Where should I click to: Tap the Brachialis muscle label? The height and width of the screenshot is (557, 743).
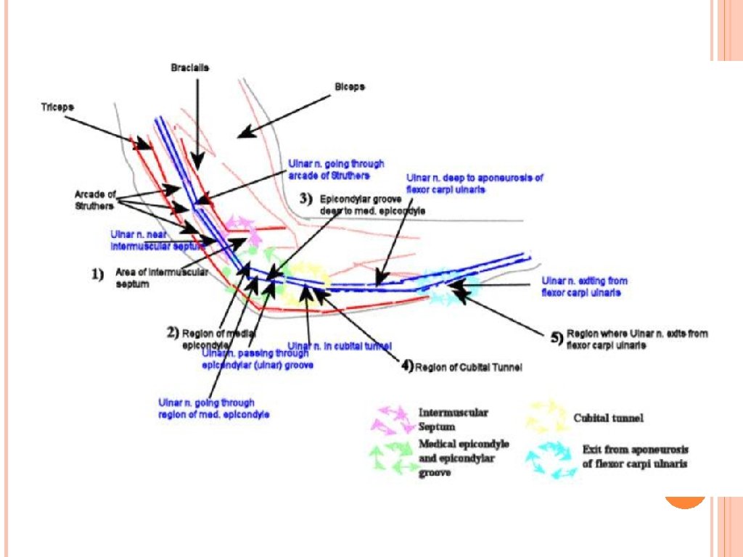pos(190,67)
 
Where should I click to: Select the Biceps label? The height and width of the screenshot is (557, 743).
pos(350,86)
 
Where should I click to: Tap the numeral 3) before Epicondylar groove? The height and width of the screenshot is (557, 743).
pos(306,197)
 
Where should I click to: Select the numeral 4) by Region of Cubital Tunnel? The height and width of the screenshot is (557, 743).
pos(407,366)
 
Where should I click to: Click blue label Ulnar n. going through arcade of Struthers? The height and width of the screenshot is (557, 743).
pos(336,169)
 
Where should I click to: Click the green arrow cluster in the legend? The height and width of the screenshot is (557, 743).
pos(393,458)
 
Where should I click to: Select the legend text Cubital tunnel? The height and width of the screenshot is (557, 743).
pos(609,418)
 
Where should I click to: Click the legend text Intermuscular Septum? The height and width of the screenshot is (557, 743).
pos(453,419)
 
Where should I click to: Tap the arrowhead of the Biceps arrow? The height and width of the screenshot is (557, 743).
pos(242,133)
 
